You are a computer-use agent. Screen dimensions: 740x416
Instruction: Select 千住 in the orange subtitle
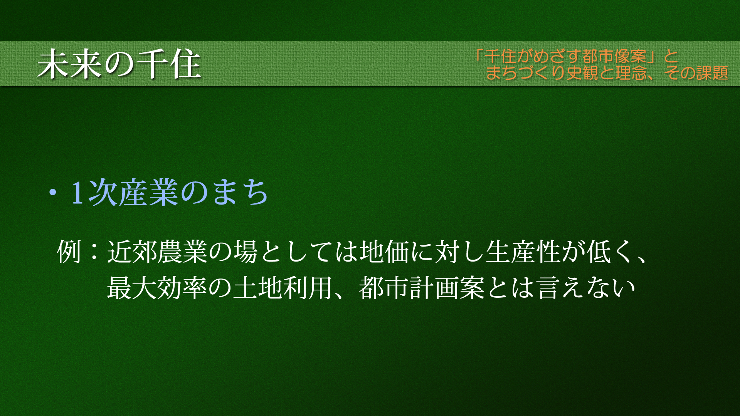(500, 57)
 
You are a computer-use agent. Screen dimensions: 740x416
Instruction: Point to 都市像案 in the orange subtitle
(614, 57)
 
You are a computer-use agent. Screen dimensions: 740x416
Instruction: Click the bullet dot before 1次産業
(52, 192)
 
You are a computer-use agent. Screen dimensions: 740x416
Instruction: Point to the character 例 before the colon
(69, 252)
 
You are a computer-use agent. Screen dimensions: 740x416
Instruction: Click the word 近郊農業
(157, 252)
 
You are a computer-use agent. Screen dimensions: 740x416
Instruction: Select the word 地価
(385, 252)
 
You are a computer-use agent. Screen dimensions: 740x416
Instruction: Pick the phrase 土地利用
(283, 288)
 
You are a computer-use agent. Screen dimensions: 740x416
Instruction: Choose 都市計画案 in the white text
(422, 288)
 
